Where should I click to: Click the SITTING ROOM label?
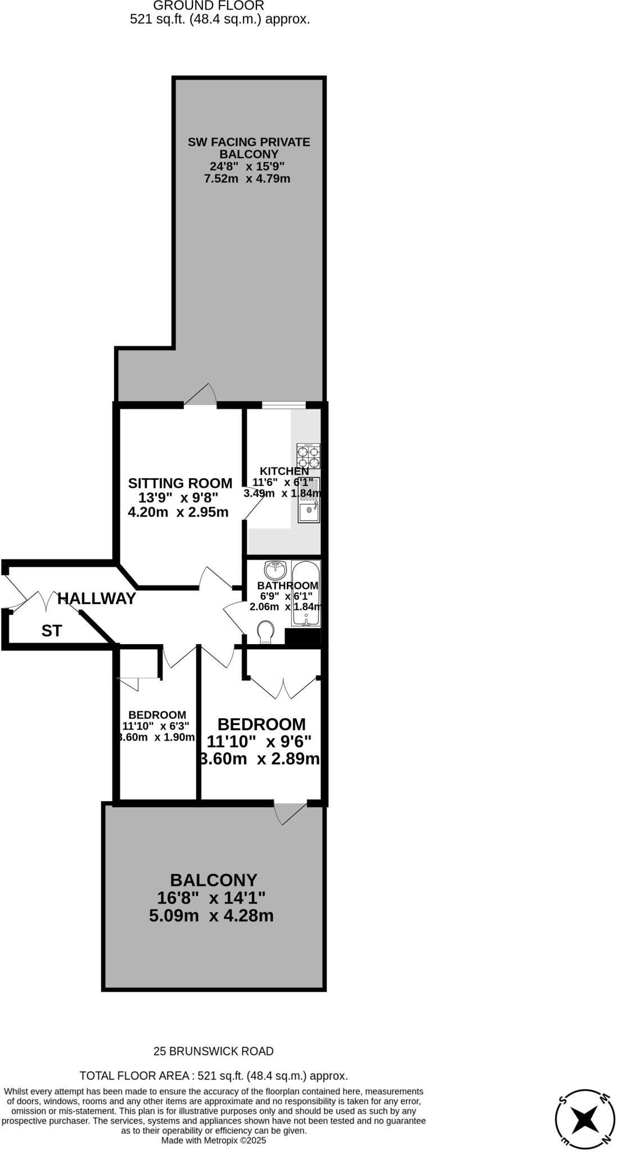[x=180, y=483]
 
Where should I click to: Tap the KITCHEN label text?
[x=284, y=471]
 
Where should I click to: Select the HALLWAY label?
[x=97, y=598]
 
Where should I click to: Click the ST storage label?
[x=51, y=631]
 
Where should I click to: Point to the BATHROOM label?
[x=287, y=586]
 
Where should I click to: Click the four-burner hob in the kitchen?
[x=308, y=456]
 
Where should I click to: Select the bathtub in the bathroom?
[x=306, y=593]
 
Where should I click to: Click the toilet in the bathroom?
[x=265, y=631]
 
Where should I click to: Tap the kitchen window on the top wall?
[x=283, y=404]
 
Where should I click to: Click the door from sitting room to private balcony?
[x=201, y=395]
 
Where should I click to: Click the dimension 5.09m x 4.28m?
[x=211, y=916]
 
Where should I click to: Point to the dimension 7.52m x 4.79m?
[x=247, y=179]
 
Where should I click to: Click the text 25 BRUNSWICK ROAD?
[x=214, y=1051]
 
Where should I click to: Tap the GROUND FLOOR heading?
[x=209, y=6]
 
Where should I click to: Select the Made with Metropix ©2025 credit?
[x=214, y=1140]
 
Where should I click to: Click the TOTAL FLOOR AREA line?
[x=214, y=1075]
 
